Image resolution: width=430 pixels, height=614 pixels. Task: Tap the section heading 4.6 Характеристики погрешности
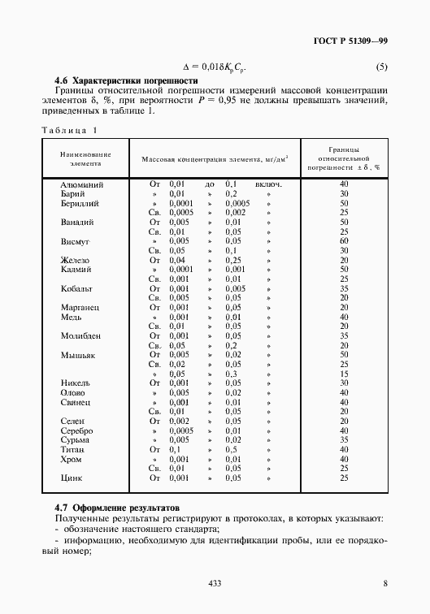point(126,81)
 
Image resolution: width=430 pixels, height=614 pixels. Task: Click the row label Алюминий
point(82,184)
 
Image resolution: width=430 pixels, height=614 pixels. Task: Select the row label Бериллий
point(80,203)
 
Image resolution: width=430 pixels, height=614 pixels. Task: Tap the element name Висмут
point(75,241)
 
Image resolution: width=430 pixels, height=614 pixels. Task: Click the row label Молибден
point(80,335)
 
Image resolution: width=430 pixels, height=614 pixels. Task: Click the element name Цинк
point(72,478)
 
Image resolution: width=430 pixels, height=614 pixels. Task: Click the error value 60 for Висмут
point(344,241)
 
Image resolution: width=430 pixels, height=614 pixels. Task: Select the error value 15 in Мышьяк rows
point(344,374)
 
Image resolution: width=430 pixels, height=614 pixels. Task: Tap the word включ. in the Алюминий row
point(268,184)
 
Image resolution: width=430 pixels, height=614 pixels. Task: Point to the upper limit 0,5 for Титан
point(231,449)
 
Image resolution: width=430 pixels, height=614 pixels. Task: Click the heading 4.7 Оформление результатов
point(120,506)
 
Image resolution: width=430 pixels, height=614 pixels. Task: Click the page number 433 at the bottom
point(215,583)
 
